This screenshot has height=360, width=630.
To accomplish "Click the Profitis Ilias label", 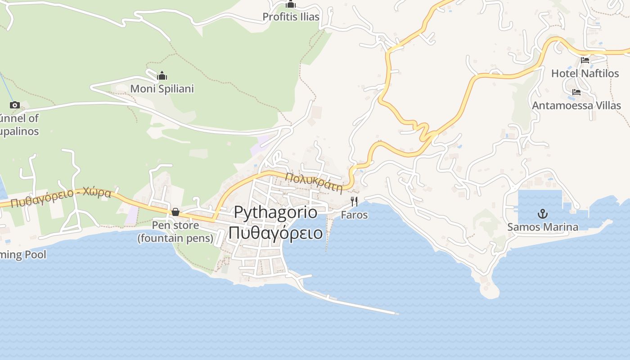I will [x=291, y=17].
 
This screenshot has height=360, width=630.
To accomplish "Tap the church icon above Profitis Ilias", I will [x=291, y=4].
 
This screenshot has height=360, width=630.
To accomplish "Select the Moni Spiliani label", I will [x=162, y=89].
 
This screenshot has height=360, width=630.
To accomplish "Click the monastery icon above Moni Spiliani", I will [x=162, y=76].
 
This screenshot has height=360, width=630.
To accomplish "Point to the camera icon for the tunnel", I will [x=14, y=105].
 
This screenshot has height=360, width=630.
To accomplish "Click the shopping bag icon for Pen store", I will [x=175, y=212].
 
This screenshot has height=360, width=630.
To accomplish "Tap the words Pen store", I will [x=175, y=225].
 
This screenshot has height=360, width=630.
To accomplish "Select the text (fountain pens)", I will [x=175, y=238].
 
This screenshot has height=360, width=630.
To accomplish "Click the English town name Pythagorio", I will [x=276, y=212].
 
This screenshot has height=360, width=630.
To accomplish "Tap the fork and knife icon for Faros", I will [x=354, y=201].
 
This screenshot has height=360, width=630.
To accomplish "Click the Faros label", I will [x=354, y=215].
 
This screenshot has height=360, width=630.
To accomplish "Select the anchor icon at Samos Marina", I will [x=543, y=213].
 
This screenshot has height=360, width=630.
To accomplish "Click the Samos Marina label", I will [x=543, y=227].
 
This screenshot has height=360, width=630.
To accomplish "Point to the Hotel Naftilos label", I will [x=585, y=73].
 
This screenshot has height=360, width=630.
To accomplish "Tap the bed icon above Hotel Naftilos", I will [x=585, y=60].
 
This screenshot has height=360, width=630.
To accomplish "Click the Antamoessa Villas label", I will [x=576, y=105].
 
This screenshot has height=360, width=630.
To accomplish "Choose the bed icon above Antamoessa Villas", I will [x=576, y=92].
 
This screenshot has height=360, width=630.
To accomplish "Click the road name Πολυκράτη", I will [x=314, y=182].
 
